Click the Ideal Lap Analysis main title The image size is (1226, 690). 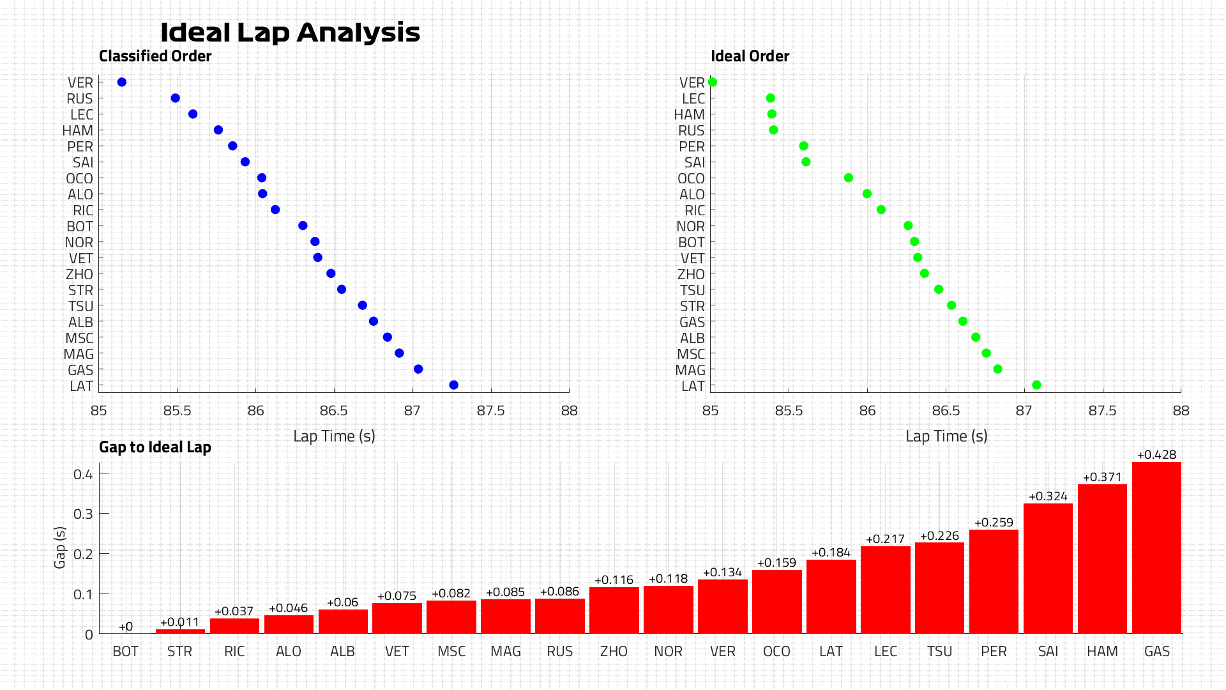(x=290, y=33)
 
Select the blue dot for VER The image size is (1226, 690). (x=122, y=82)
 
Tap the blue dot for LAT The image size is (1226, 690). (x=453, y=385)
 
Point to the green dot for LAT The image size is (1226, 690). (x=1036, y=385)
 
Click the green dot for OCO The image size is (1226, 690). (x=848, y=178)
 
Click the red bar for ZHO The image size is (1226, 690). (x=614, y=610)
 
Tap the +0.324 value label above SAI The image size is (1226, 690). (x=1048, y=496)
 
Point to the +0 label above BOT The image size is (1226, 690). (x=126, y=627)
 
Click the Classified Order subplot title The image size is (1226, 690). (x=155, y=56)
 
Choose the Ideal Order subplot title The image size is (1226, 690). (x=750, y=56)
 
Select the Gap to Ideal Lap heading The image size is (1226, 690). (x=155, y=447)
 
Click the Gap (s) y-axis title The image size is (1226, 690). (x=60, y=547)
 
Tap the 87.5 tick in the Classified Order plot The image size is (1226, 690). (x=490, y=411)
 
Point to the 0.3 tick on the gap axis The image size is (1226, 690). (x=83, y=514)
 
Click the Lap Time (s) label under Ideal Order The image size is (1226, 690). (x=946, y=436)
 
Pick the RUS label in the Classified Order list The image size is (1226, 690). (x=80, y=99)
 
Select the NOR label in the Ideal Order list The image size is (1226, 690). (x=691, y=227)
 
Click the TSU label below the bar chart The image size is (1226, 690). (x=939, y=652)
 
